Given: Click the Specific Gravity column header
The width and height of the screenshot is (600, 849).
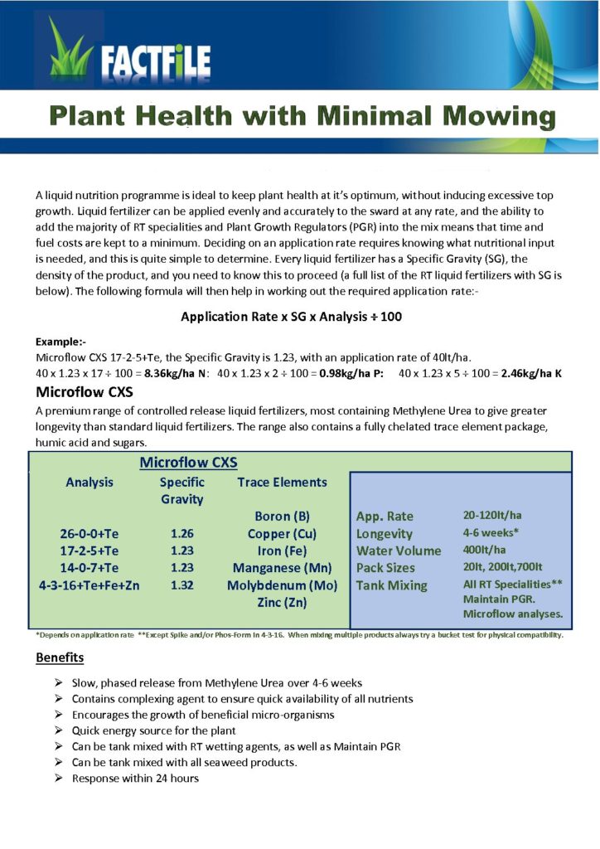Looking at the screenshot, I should point(181,491).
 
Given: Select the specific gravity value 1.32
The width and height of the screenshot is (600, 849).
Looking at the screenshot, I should point(181,585).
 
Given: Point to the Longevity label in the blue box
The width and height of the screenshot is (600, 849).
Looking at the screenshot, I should point(384,533).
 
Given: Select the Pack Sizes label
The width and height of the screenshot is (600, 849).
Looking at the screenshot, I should point(385,568).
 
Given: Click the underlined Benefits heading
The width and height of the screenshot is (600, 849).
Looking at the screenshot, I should point(60,657).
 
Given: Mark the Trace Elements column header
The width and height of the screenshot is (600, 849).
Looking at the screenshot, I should point(282,482).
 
